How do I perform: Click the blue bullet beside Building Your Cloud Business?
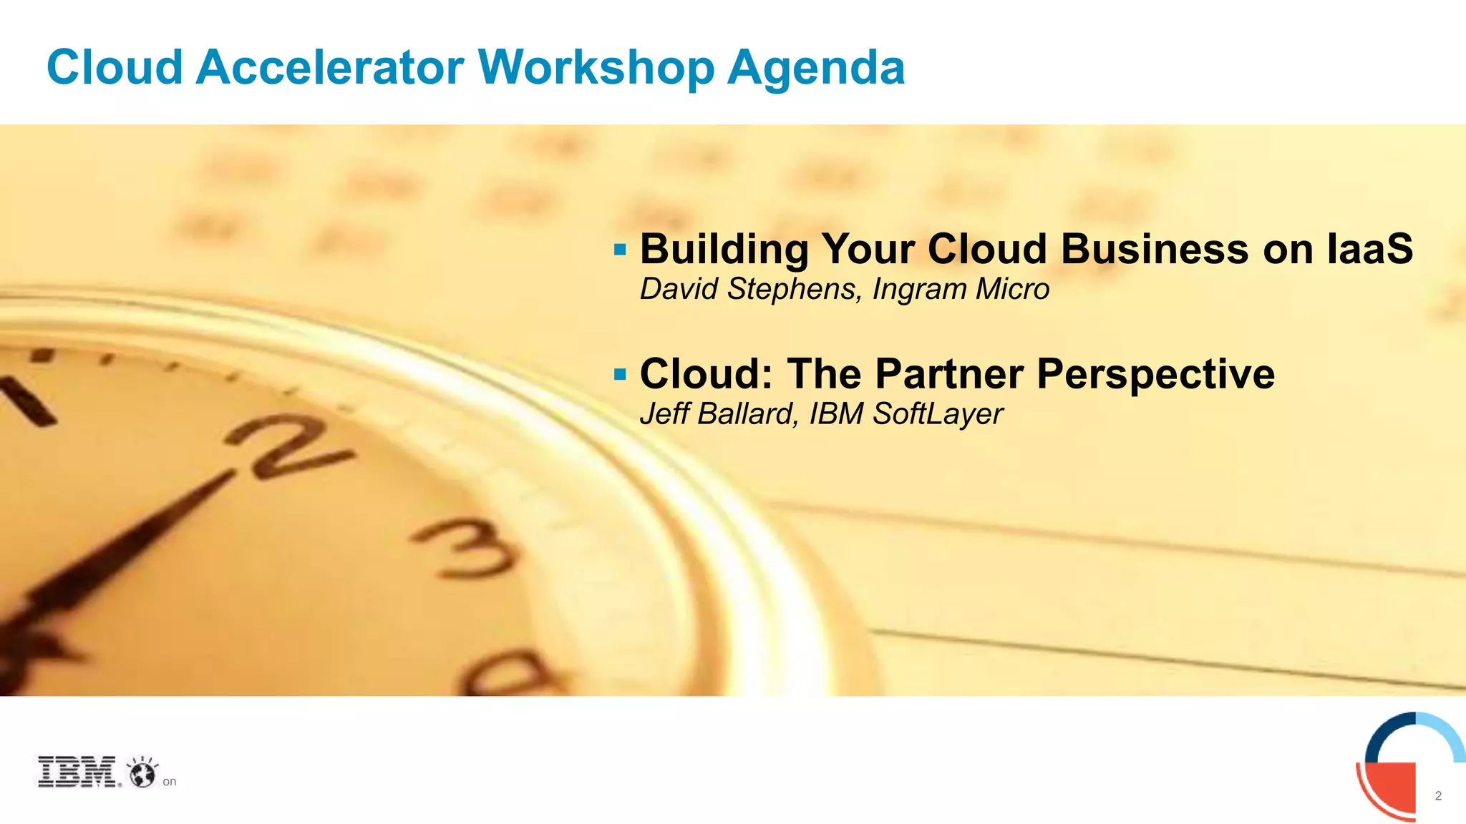(x=620, y=250)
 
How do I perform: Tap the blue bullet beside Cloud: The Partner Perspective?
(x=620, y=374)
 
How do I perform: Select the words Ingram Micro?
(x=961, y=289)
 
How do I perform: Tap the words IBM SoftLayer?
(x=906, y=414)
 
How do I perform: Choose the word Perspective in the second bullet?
(x=1155, y=374)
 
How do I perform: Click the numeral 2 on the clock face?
(x=286, y=447)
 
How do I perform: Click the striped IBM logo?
(x=77, y=772)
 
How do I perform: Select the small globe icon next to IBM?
(x=142, y=772)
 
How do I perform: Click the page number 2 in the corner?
(x=1438, y=796)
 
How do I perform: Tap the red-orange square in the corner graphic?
(x=1390, y=786)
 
